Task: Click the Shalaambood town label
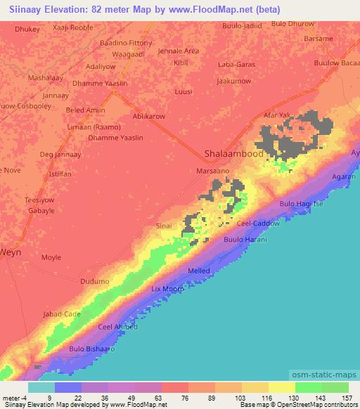[x=233, y=154]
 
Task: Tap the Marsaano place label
[x=214, y=171]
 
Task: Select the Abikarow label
[x=150, y=116]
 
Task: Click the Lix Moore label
[x=168, y=289]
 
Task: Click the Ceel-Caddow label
[x=258, y=223]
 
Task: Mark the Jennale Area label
[x=179, y=51]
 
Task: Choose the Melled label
[x=198, y=271]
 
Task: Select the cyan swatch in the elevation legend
[x=41, y=387]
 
